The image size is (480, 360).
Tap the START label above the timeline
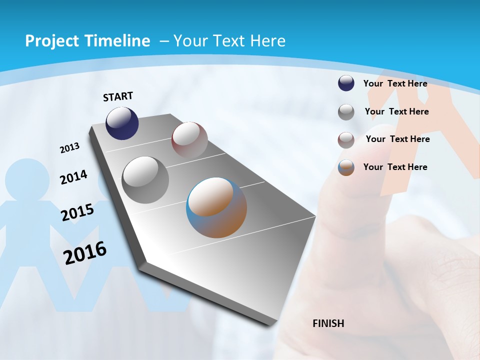pos(118,96)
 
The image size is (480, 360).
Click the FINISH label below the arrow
pos(328,323)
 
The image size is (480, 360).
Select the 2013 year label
pos(69,148)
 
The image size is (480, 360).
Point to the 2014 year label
pos(73,177)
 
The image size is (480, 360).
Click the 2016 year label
pos(85,253)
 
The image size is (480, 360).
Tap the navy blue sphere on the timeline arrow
pos(122,123)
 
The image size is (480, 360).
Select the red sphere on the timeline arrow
pos(189,139)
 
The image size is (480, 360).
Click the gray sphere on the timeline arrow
pos(145,180)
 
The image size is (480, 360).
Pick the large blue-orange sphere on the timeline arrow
pos(216,207)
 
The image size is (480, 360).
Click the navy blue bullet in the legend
pos(346,83)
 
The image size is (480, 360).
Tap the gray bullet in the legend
pos(346,112)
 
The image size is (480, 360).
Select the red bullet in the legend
pos(346,140)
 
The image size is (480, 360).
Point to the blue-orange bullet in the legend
pos(346,167)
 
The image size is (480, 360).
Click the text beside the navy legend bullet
pos(395,83)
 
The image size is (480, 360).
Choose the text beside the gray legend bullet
pos(396,111)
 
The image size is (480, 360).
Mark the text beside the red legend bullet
pos(397,139)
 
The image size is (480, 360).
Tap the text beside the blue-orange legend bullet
pos(395,167)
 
